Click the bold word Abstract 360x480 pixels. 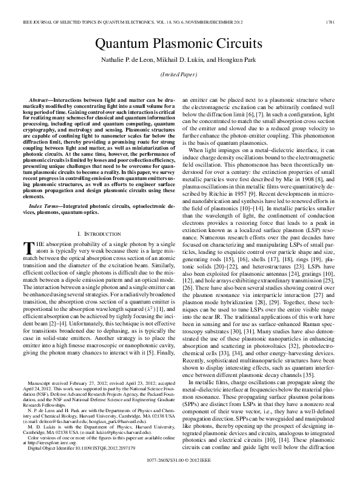tap(42, 98)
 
